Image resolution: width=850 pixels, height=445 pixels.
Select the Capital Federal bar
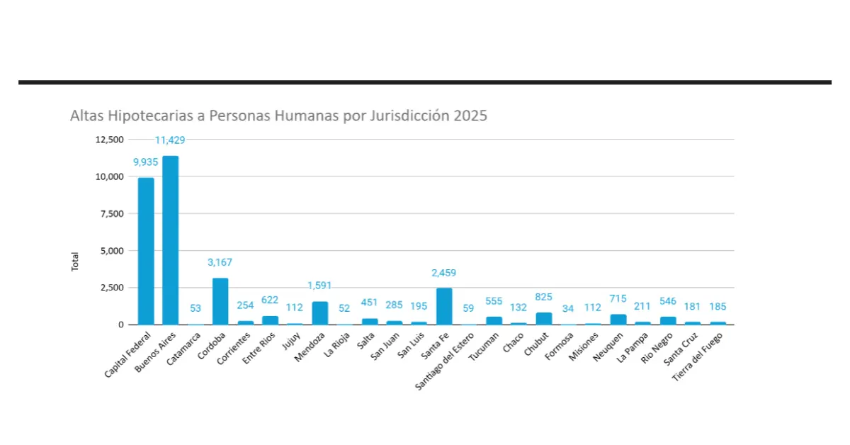pyautogui.click(x=145, y=251)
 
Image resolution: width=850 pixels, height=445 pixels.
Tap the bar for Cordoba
pyautogui.click(x=220, y=301)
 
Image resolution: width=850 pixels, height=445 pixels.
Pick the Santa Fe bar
pyautogui.click(x=444, y=306)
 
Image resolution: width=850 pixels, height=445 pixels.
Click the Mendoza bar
pyautogui.click(x=319, y=312)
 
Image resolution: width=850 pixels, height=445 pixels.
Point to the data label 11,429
pyautogui.click(x=171, y=140)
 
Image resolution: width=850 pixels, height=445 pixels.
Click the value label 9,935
pyautogui.click(x=146, y=162)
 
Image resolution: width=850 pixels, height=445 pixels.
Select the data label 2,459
pyautogui.click(x=444, y=272)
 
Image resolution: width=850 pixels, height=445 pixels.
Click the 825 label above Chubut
pyautogui.click(x=543, y=297)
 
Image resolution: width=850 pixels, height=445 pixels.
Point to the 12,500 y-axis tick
pyautogui.click(x=109, y=140)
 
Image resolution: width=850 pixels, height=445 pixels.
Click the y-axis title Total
pyautogui.click(x=75, y=261)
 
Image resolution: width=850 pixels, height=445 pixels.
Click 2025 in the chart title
pyautogui.click(x=471, y=116)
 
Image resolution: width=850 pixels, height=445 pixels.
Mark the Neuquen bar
pyautogui.click(x=618, y=319)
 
